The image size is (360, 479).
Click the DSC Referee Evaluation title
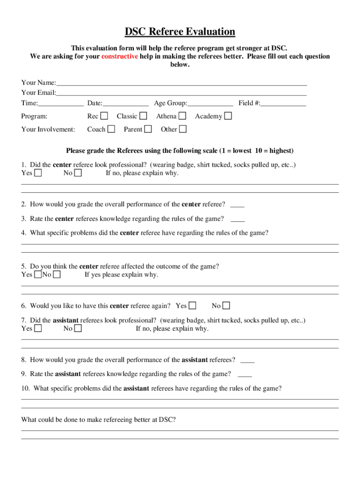[180, 32]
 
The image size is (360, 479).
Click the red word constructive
[120, 57]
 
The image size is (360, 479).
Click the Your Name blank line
[181, 83]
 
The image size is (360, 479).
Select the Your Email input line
[181, 93]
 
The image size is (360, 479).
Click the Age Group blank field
[210, 103]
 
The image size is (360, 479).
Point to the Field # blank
[283, 103]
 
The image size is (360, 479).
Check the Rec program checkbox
[104, 116]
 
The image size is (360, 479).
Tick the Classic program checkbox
[144, 116]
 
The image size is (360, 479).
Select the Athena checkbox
[182, 116]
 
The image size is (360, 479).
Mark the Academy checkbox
[228, 116]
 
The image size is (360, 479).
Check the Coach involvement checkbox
[111, 129]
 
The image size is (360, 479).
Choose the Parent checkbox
[148, 129]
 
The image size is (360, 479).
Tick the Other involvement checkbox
[183, 129]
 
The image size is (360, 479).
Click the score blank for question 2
[237, 205]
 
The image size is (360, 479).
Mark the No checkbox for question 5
[57, 275]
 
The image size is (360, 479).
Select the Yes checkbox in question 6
[192, 306]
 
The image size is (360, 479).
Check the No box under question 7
[78, 328]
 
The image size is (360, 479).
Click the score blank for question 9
[245, 374]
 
